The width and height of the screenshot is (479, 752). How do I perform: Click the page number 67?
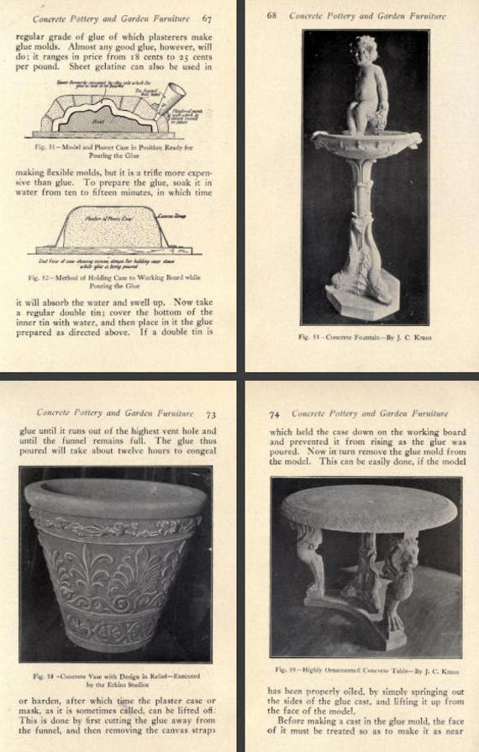point(208,16)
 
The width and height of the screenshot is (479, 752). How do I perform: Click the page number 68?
point(272,15)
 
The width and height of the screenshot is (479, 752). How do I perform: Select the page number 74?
point(275,413)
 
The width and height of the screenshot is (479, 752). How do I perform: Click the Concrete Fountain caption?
point(365,337)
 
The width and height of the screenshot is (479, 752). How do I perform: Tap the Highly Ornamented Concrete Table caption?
point(366,670)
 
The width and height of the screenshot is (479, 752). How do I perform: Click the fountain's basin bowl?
point(366,141)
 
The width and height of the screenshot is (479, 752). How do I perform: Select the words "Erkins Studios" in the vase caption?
point(126,684)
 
